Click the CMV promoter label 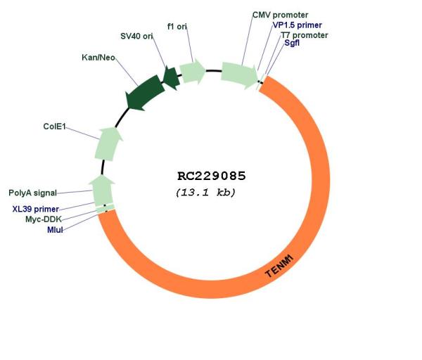point(280,15)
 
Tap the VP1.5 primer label point(298,25)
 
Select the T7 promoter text point(305,35)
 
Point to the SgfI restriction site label point(292,43)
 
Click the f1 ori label point(177,27)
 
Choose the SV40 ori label point(136,36)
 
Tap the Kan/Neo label point(98,58)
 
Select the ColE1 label point(54,127)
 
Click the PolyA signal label point(32,193)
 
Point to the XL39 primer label point(36,209)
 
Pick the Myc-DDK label point(44,219)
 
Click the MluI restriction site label point(55,230)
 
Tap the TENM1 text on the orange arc point(279,266)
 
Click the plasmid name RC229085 point(212,176)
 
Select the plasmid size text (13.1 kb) point(205,193)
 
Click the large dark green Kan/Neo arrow point(146,93)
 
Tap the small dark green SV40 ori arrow point(172,77)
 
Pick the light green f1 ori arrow point(192,71)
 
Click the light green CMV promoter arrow point(239,75)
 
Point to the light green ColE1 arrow point(108,144)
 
